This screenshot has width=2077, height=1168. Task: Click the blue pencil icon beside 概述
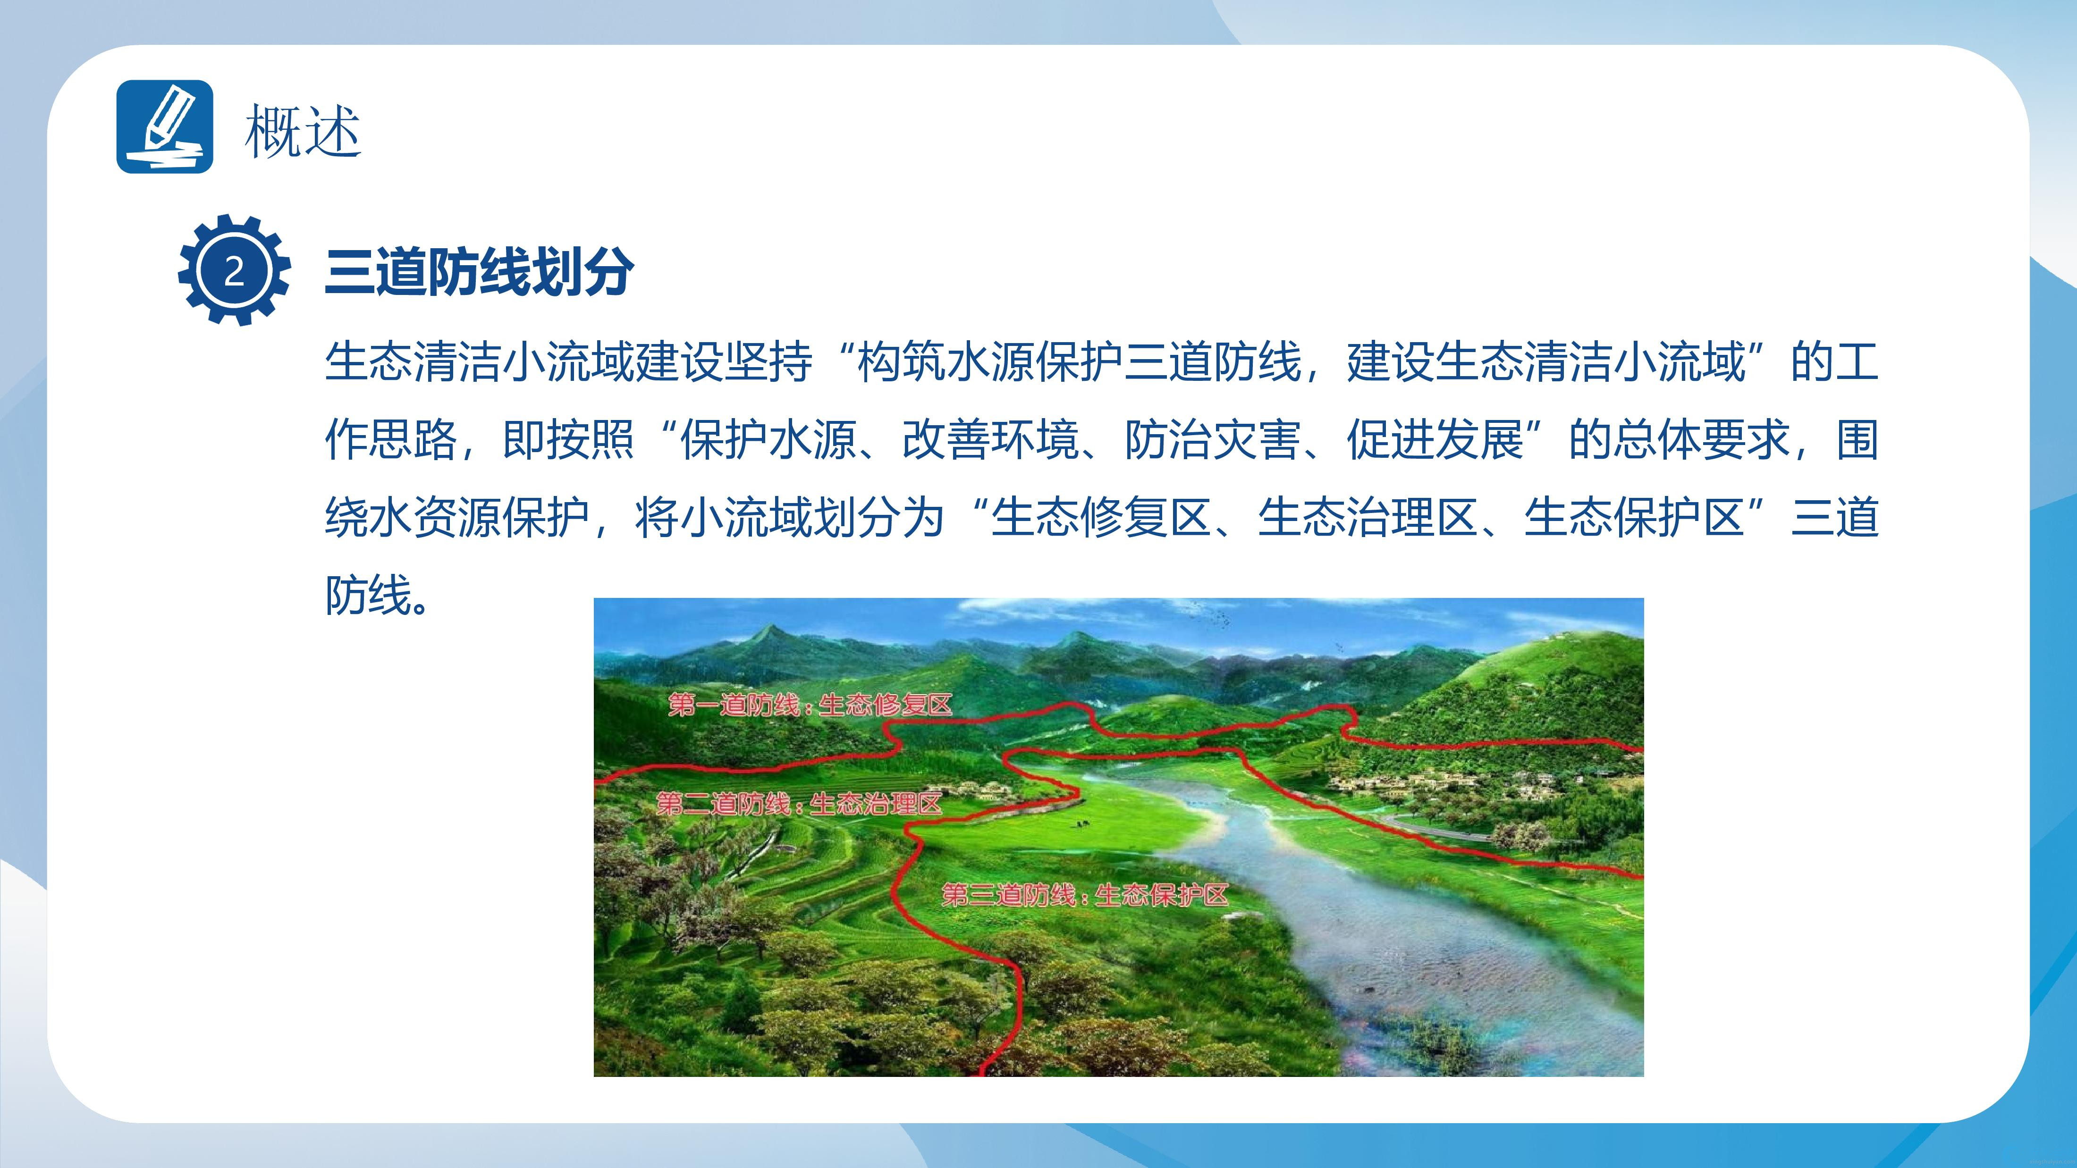[x=164, y=126]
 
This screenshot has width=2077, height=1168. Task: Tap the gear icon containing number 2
[x=234, y=270]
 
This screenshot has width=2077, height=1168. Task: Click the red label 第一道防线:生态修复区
[x=810, y=706]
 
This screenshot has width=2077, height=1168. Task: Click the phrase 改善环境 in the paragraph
[x=990, y=440]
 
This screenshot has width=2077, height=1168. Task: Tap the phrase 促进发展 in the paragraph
[x=1435, y=440]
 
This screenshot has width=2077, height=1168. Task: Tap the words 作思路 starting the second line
[x=391, y=440]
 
